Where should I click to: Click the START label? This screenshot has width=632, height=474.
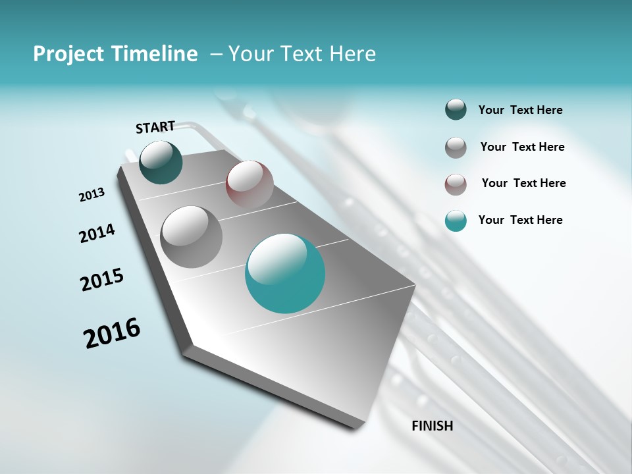(x=155, y=127)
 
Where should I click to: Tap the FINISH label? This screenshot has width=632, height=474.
(x=432, y=426)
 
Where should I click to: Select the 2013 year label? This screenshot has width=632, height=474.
(x=92, y=195)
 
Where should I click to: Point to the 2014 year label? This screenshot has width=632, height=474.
(x=97, y=233)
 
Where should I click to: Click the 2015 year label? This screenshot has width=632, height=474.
(x=102, y=280)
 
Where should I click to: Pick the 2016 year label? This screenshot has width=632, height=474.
(x=112, y=332)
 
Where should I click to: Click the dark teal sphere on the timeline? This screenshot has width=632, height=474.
(x=161, y=163)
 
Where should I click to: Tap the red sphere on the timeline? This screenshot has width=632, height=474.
(x=250, y=184)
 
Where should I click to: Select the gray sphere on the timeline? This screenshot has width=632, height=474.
(x=192, y=236)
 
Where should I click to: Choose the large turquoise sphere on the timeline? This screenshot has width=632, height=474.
(x=285, y=273)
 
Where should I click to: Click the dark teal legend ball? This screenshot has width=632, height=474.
(x=456, y=110)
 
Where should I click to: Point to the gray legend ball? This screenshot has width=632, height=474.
(x=456, y=147)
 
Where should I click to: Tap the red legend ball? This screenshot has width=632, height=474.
(x=456, y=184)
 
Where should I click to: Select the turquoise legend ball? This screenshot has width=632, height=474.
(x=456, y=221)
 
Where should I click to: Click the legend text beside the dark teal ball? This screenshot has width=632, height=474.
(x=520, y=111)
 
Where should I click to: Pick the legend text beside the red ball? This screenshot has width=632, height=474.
(x=523, y=183)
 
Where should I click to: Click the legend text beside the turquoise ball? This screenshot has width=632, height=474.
(x=520, y=220)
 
